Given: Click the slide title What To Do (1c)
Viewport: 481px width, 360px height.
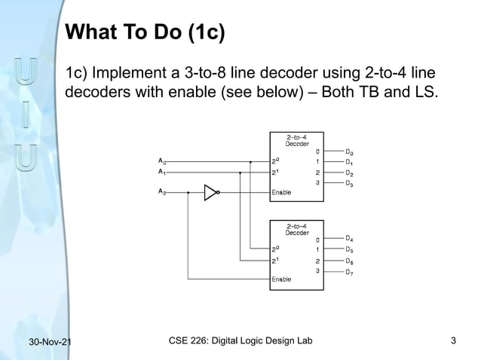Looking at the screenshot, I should click(146, 33).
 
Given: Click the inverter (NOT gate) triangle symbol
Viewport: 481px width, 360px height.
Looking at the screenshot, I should click(211, 192).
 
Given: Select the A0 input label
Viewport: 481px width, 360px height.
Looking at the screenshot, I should click(163, 160).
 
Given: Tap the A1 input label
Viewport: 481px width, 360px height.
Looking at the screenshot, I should click(163, 172).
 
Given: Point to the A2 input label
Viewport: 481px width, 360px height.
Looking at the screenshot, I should click(163, 192).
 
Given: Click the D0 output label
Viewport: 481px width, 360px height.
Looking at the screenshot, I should click(349, 151).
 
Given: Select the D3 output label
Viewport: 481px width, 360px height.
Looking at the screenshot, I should click(349, 183).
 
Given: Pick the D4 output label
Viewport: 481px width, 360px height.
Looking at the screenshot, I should click(349, 239).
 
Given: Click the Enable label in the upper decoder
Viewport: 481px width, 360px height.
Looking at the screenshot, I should click(281, 192).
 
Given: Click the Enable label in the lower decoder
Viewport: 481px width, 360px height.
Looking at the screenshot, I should click(281, 279).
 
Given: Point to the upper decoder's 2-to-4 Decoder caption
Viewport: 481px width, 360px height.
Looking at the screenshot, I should click(296, 140).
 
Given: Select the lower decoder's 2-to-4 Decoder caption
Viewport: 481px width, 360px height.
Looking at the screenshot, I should click(296, 229).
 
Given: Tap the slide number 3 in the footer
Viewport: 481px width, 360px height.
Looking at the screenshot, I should click(453, 343).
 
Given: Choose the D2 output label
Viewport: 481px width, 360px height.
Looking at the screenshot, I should click(349, 172).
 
